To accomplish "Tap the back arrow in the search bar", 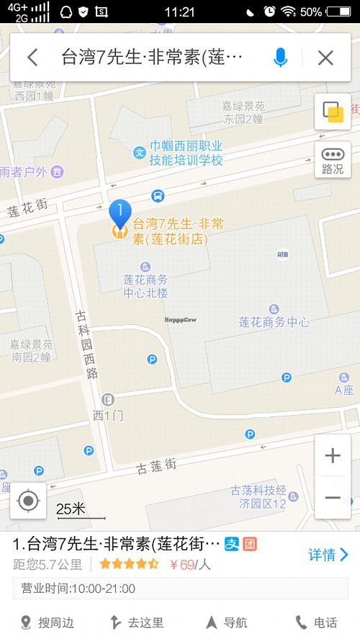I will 32,58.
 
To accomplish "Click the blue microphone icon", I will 281,58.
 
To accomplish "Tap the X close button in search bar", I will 325,58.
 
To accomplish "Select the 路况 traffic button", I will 332,160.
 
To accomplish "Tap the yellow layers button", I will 332,112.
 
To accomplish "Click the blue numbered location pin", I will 120,213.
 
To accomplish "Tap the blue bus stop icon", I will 157,195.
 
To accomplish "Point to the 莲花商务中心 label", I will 274,322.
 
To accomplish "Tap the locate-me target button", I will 28,500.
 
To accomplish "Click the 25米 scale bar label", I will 71,509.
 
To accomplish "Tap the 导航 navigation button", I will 226,622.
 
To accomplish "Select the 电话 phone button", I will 317,622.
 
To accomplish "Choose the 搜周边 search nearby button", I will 47,622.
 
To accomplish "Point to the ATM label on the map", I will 282,254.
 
